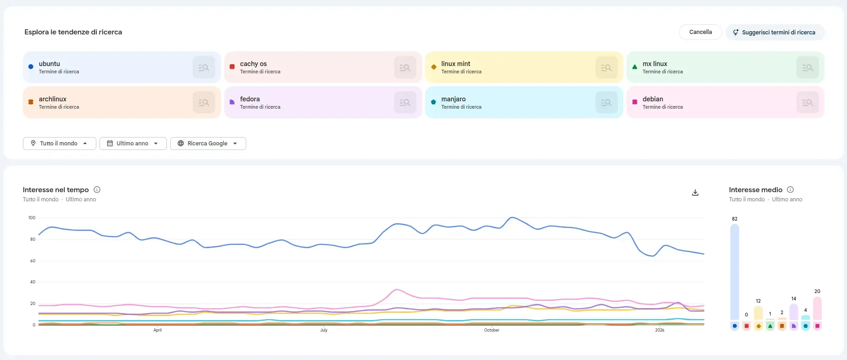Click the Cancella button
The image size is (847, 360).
(x=700, y=32)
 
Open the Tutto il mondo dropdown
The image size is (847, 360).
(x=59, y=144)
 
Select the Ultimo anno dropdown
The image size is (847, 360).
(x=133, y=144)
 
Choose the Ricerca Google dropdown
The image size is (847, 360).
(x=208, y=144)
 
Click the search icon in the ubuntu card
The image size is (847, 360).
(x=204, y=67)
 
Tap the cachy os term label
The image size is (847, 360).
(x=253, y=64)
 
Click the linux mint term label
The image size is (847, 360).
(x=455, y=64)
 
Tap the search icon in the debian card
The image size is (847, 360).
(x=807, y=103)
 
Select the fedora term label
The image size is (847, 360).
(x=250, y=99)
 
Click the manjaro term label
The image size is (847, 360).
(x=453, y=99)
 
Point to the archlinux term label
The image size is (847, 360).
(x=53, y=99)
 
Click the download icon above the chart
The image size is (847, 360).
(x=695, y=193)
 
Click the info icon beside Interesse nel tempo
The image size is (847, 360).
(x=97, y=189)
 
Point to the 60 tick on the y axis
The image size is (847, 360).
(x=33, y=261)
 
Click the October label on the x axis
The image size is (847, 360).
(x=492, y=330)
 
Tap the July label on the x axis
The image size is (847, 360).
(x=324, y=330)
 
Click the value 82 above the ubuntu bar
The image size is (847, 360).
(x=735, y=219)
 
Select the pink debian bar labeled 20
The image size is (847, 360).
(x=817, y=308)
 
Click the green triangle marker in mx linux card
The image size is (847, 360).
(x=635, y=67)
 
